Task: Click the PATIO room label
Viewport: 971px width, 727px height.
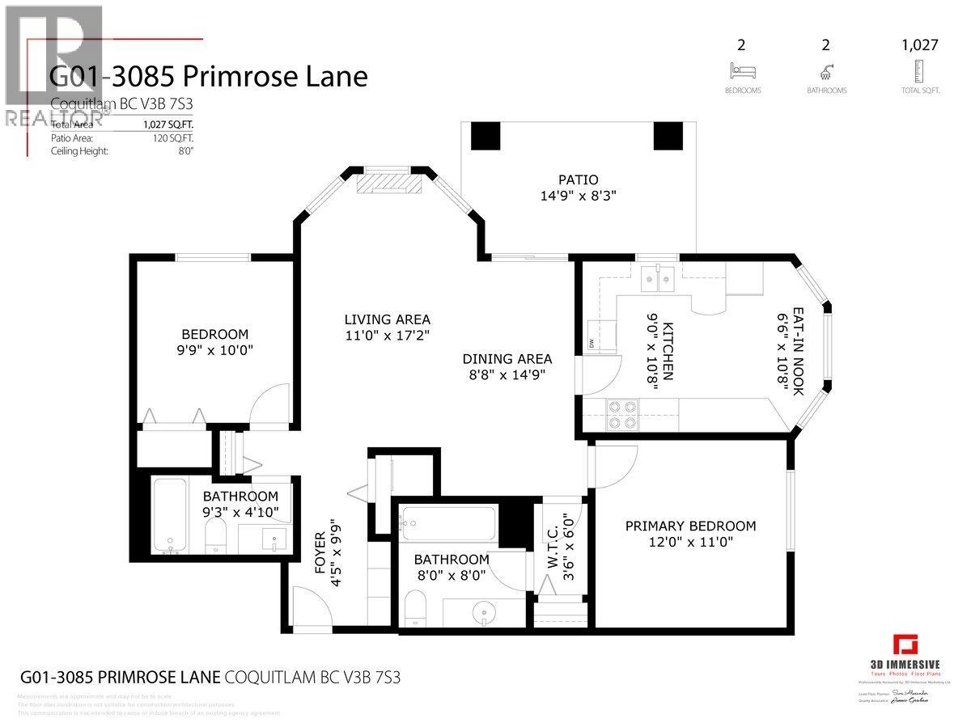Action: pyautogui.click(x=579, y=180)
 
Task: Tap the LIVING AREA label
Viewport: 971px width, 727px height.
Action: pyautogui.click(x=387, y=319)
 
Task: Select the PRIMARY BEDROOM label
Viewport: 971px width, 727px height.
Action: pyautogui.click(x=690, y=526)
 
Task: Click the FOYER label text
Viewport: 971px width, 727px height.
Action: pyautogui.click(x=321, y=553)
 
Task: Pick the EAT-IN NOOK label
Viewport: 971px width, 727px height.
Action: pyautogui.click(x=797, y=351)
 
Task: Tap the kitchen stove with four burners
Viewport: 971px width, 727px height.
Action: pyautogui.click(x=621, y=414)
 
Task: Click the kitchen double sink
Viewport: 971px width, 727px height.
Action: pyautogui.click(x=656, y=280)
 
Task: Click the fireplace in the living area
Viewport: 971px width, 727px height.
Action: pyautogui.click(x=390, y=183)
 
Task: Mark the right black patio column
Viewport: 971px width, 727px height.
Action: pyautogui.click(x=668, y=134)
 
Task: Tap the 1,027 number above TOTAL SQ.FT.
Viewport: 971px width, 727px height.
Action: pyautogui.click(x=920, y=45)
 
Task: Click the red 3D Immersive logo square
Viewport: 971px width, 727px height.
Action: pyautogui.click(x=905, y=648)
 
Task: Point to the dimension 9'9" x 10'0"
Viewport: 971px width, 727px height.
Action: pyautogui.click(x=214, y=351)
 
